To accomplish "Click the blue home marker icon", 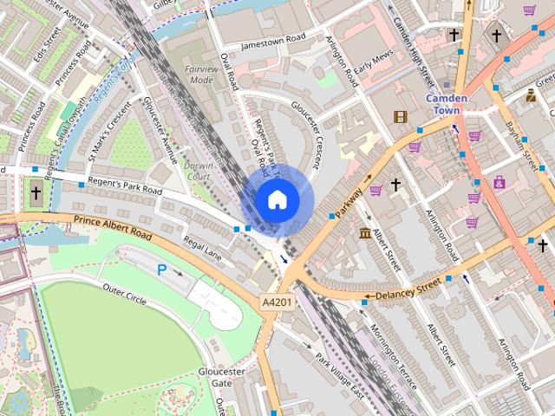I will [277, 199].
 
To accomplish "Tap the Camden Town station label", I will [447, 104].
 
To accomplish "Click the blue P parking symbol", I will [162, 270].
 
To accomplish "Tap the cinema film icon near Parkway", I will [400, 116].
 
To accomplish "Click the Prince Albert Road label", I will [113, 230].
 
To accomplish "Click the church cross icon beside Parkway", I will [395, 185].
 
